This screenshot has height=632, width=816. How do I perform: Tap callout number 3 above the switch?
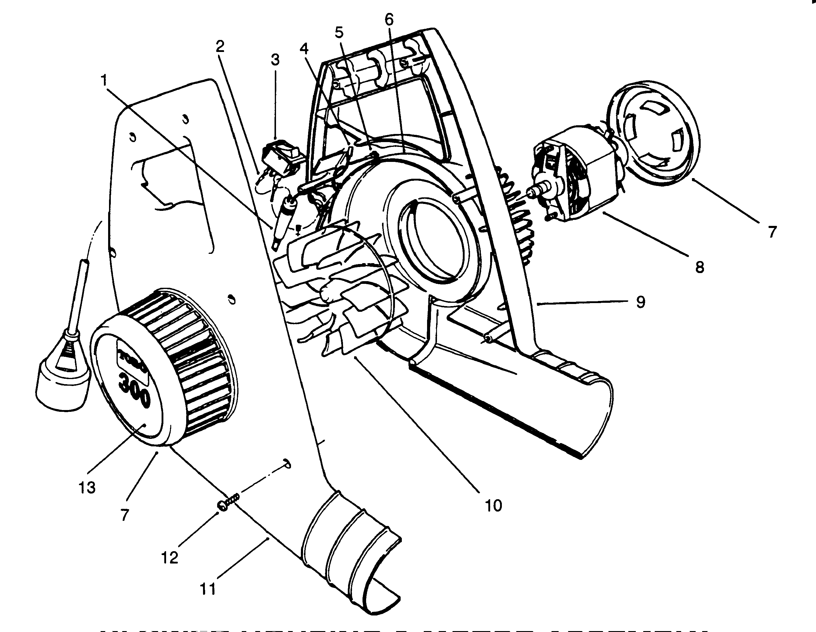(275, 60)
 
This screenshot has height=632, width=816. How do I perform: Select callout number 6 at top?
(389, 20)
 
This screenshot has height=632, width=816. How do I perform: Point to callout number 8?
(699, 267)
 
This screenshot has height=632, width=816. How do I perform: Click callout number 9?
(640, 301)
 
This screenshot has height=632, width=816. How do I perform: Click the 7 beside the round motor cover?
(772, 232)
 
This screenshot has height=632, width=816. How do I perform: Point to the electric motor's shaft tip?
(530, 193)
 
